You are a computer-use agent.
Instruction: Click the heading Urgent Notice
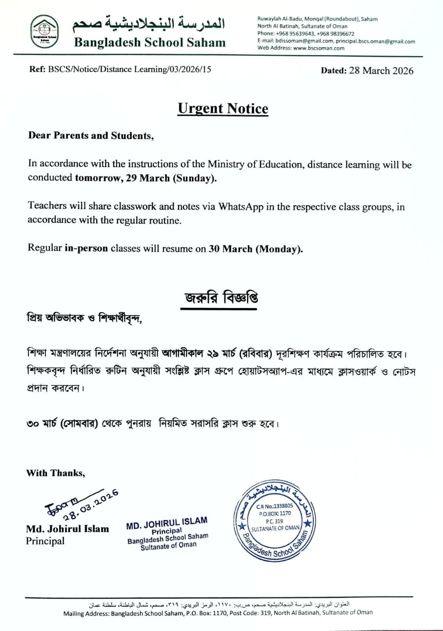click(x=223, y=109)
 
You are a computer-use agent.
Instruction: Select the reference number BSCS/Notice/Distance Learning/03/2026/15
click(x=129, y=70)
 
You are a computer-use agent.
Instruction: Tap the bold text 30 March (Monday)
click(x=256, y=249)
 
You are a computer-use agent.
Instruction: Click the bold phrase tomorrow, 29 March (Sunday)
click(x=146, y=178)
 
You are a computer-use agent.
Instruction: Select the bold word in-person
click(x=86, y=249)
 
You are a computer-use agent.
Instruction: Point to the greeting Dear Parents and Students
click(x=91, y=136)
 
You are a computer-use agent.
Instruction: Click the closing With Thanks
click(x=55, y=473)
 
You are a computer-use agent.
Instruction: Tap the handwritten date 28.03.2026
click(x=91, y=504)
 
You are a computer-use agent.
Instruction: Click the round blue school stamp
click(x=274, y=519)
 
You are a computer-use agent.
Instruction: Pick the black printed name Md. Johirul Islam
click(x=68, y=529)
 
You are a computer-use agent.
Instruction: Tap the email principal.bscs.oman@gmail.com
click(x=375, y=41)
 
